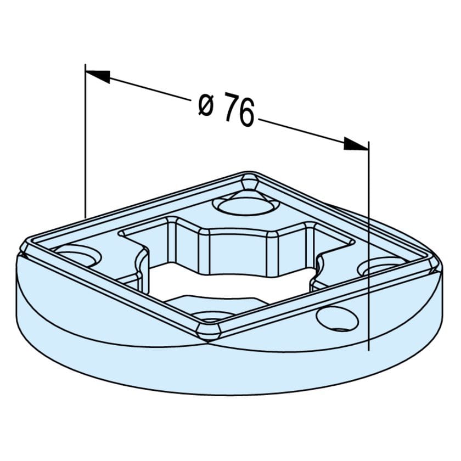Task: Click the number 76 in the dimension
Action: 239,111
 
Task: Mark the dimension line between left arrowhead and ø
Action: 148,89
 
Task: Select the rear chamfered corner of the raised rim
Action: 250,179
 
